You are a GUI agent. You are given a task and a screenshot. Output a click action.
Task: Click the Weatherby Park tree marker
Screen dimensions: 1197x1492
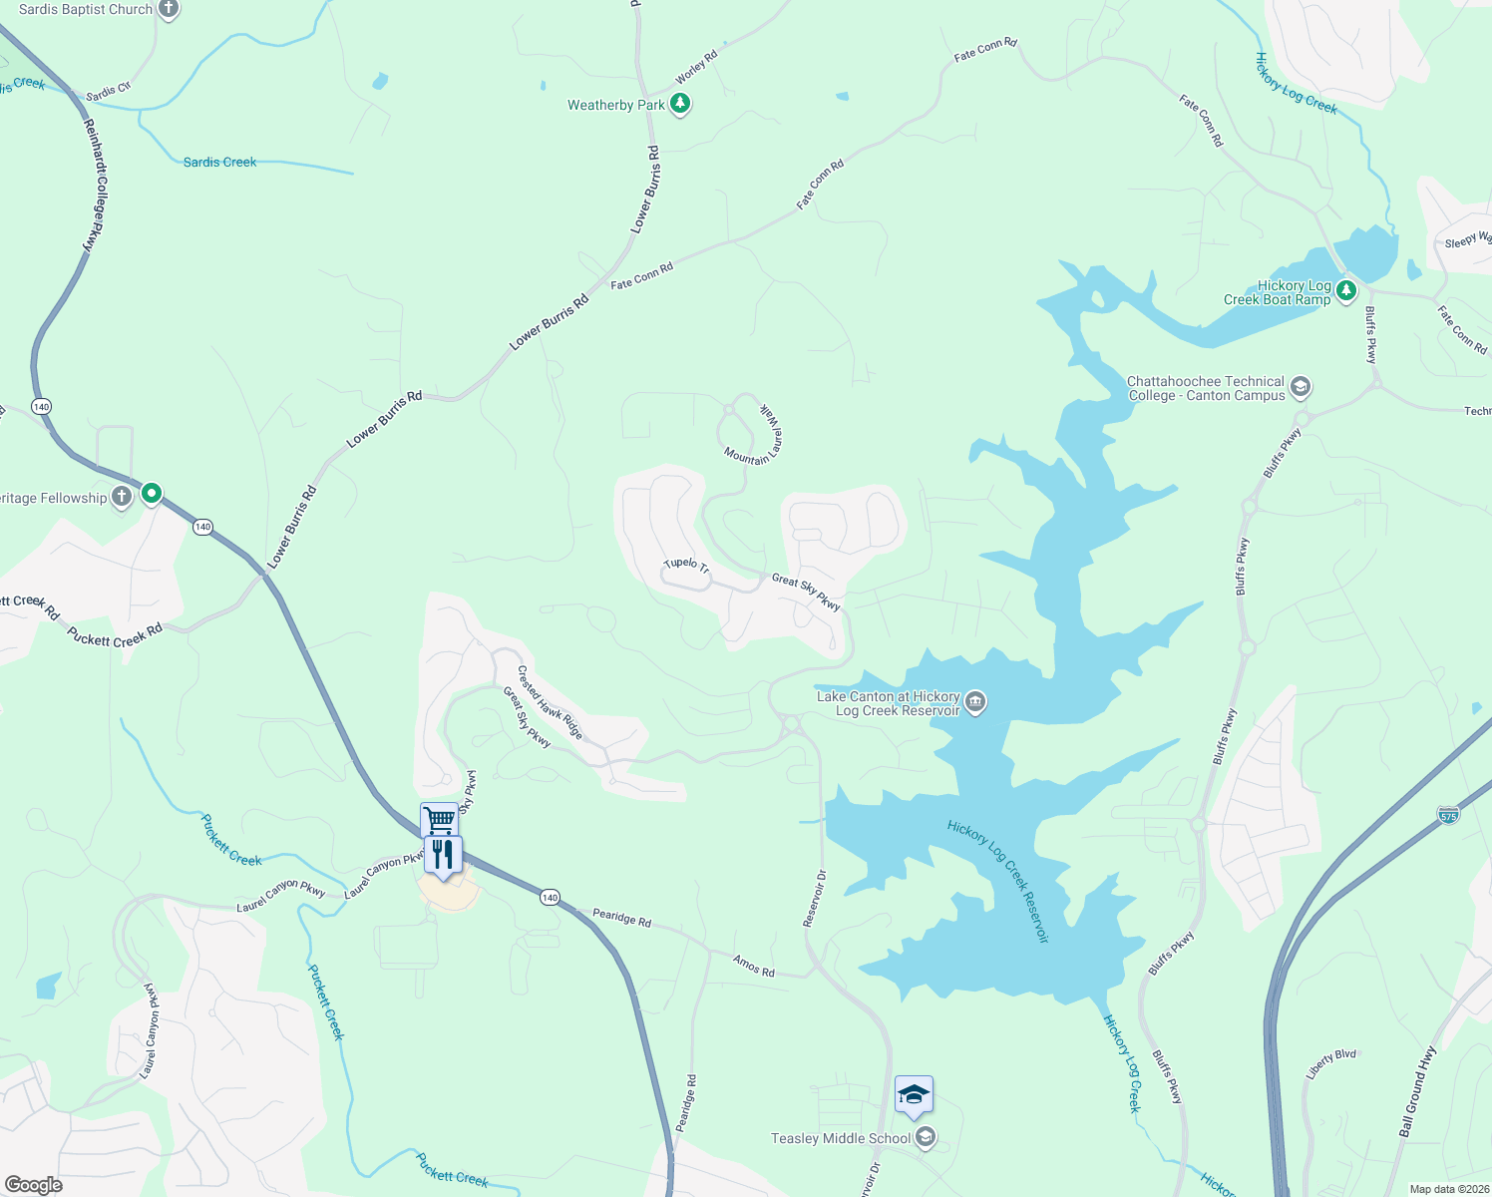coord(680,103)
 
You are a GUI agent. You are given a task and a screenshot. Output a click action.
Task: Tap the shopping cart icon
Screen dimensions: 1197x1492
coord(439,820)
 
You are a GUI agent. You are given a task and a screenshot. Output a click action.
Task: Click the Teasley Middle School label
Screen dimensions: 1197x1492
coord(841,1138)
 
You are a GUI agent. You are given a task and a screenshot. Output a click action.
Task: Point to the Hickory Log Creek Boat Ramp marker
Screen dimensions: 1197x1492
coord(1346,290)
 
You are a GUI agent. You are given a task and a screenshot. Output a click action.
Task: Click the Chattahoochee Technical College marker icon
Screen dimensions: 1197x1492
coord(1300,386)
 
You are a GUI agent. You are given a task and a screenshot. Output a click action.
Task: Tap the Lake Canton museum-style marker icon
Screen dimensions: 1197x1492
coord(976,702)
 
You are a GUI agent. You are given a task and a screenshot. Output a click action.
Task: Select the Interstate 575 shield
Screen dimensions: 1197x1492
coord(1448,815)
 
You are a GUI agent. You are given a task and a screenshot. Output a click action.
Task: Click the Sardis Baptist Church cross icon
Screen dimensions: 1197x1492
coord(169,9)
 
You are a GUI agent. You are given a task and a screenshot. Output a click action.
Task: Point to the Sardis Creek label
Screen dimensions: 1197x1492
coord(219,162)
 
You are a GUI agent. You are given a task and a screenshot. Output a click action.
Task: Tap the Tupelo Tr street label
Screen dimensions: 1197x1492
coord(686,565)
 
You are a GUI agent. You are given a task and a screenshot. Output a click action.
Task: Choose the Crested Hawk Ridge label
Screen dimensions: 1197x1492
coord(550,702)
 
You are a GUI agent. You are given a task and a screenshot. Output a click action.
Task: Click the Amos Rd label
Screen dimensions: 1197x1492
coord(753,965)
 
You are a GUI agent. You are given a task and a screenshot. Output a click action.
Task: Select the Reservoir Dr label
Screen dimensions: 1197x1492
coord(815,898)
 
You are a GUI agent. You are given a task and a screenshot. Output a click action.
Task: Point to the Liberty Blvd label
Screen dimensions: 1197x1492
coord(1331,1064)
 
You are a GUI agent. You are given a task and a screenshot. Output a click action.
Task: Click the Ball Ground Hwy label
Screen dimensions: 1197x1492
coord(1417,1092)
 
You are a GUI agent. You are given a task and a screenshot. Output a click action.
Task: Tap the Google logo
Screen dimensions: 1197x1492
coord(33,1185)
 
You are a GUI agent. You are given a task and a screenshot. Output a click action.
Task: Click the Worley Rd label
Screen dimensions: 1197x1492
coord(696,68)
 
